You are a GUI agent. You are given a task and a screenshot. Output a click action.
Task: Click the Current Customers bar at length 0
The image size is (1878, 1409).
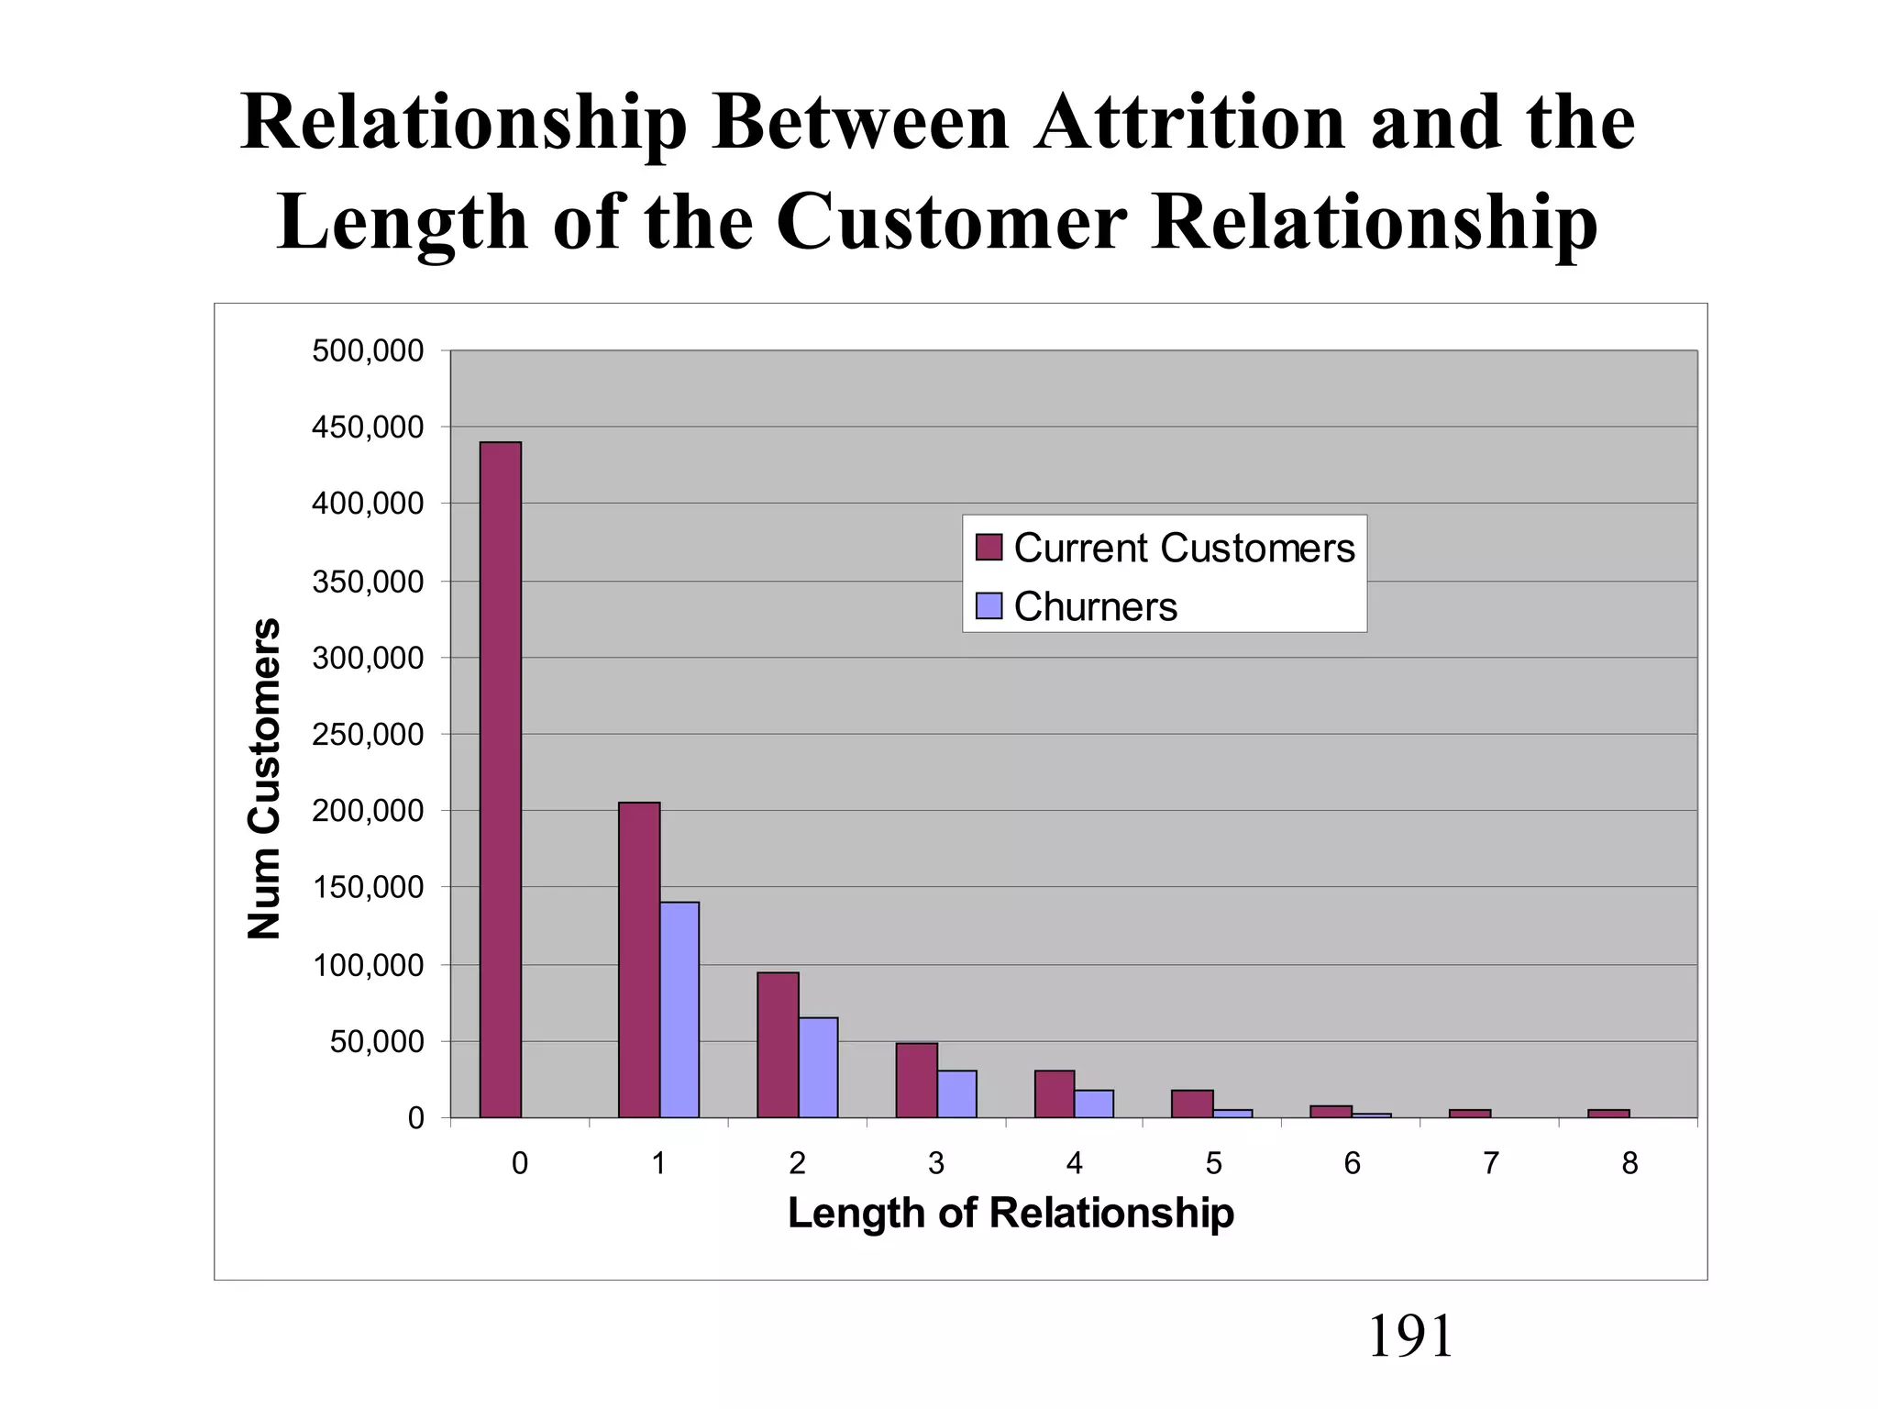pos(500,780)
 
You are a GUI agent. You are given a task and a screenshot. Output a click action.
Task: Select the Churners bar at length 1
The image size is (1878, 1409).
pos(679,1009)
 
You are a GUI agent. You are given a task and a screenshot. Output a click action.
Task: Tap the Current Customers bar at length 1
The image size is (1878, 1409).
pos(639,960)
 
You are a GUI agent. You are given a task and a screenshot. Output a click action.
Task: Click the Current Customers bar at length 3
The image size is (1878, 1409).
pos(916,1080)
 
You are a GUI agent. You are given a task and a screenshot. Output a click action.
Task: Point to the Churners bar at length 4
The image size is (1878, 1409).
pos(1094,1104)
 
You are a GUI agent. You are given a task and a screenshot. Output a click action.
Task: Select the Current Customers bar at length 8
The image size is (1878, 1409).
pos(1608,1114)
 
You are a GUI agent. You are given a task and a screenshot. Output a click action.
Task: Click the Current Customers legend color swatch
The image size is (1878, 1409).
pos(989,548)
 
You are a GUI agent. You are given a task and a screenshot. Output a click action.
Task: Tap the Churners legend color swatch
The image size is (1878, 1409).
pos(989,606)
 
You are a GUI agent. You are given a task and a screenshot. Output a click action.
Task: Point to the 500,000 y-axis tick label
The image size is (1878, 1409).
pos(368,350)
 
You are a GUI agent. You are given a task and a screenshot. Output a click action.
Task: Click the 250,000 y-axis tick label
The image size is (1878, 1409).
pos(368,734)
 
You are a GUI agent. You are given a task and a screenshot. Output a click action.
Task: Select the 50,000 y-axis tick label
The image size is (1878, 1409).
pos(377,1041)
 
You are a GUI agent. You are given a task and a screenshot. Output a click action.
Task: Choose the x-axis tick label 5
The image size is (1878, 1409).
pos(1213,1163)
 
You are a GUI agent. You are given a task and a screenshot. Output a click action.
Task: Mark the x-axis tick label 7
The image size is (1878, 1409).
pos(1491,1163)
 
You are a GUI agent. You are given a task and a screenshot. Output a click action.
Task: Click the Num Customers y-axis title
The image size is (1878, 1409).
pos(264,778)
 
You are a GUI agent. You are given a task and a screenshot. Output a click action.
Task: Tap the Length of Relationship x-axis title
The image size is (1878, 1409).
pos(1011,1213)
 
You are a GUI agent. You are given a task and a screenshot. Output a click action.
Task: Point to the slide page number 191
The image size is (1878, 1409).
pos(1409,1336)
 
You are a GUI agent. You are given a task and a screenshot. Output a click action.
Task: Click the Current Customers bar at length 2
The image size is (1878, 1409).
pos(778,1045)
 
